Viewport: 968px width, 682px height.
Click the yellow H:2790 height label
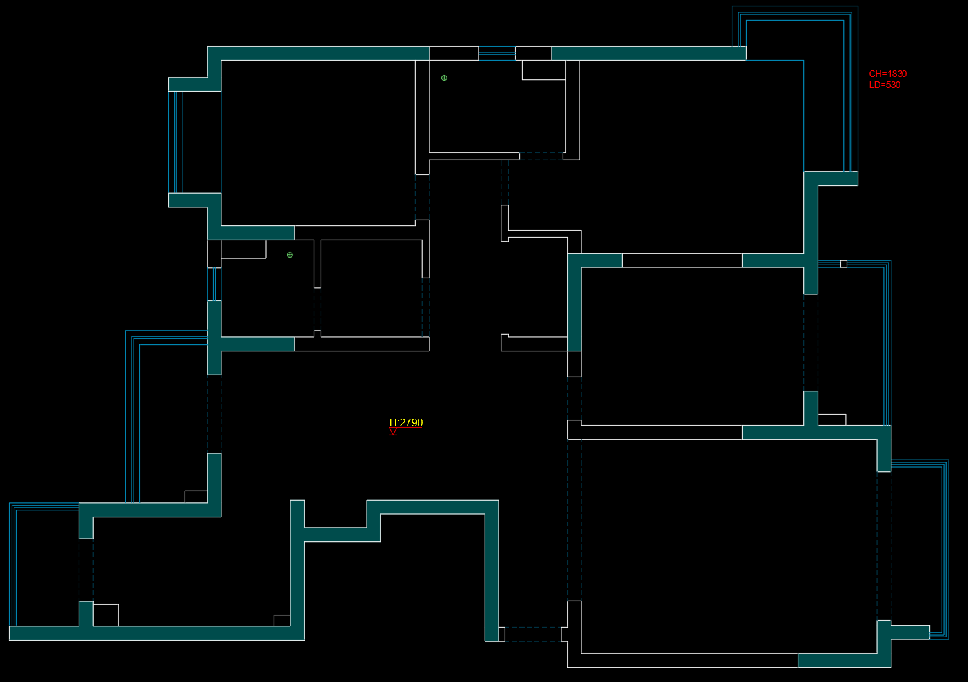coord(406,422)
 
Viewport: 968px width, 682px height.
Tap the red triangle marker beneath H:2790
coord(393,431)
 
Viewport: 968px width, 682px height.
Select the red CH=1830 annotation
coord(887,74)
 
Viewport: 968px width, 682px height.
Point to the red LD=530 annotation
coord(884,85)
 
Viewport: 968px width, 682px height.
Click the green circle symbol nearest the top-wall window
coord(444,77)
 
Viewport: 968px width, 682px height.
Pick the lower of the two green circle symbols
coord(290,254)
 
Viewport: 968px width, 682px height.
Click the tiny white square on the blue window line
coord(843,263)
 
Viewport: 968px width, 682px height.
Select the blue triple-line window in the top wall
coord(497,53)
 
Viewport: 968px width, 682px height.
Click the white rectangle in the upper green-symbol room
coord(543,70)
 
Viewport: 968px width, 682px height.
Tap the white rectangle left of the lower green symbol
coord(243,249)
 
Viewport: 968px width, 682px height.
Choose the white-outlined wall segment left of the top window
coord(454,53)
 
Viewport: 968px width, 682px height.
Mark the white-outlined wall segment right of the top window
coord(533,53)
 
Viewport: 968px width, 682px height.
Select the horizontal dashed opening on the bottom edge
coord(533,634)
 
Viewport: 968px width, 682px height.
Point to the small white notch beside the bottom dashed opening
coord(501,634)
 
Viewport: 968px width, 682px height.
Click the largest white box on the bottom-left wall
coord(106,615)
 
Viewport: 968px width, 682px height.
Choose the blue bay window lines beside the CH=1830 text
coord(851,90)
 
